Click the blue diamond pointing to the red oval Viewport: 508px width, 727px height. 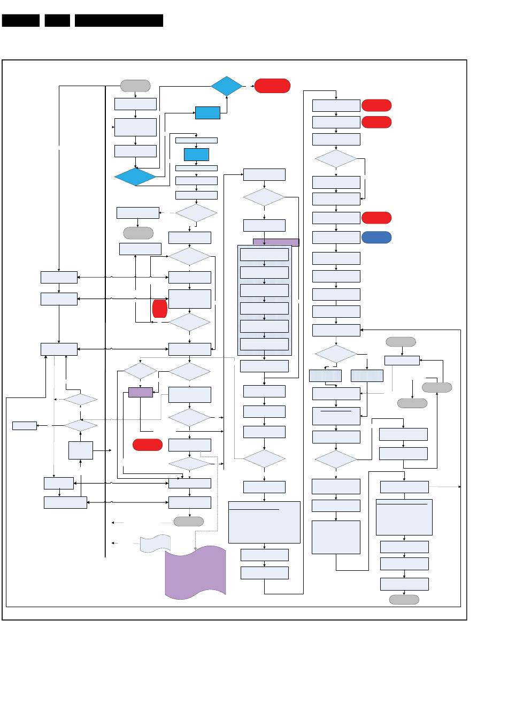click(x=227, y=86)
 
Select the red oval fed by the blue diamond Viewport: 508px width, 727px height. click(x=272, y=86)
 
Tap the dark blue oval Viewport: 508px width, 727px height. click(x=376, y=237)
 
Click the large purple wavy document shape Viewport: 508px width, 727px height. click(x=195, y=572)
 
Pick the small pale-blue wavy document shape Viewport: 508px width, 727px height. click(x=155, y=544)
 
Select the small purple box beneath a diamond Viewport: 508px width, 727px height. click(x=140, y=392)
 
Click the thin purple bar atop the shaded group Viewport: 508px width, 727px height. click(x=276, y=242)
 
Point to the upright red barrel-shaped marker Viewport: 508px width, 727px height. click(x=159, y=309)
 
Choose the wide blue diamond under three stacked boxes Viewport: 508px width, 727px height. click(x=135, y=177)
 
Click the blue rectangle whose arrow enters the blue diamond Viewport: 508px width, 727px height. click(x=207, y=113)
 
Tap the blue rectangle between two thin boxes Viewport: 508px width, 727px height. click(x=196, y=154)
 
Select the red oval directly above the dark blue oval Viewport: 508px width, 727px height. click(x=376, y=218)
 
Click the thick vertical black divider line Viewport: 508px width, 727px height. click(x=105, y=321)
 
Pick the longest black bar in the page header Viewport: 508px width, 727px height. click(x=119, y=20)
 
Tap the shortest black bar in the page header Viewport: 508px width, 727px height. click(x=57, y=20)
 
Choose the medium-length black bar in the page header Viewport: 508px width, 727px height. click(x=21, y=20)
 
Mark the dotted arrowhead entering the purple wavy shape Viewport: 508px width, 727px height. click(x=195, y=547)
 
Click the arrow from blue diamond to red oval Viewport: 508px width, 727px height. click(x=248, y=86)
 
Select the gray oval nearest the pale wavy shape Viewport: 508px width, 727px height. click(x=188, y=521)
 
